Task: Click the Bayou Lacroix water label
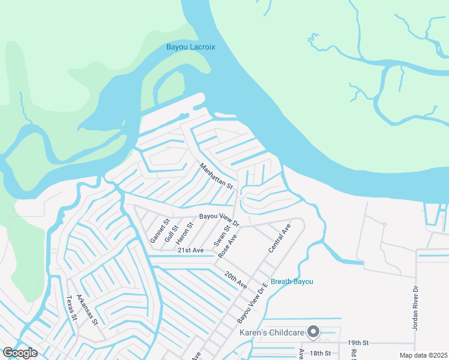click(x=190, y=47)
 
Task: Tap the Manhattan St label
click(x=216, y=176)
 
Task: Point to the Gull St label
click(x=175, y=231)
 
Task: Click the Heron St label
click(x=189, y=232)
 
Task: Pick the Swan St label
click(x=222, y=235)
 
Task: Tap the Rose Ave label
click(x=228, y=246)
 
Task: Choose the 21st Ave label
click(x=190, y=250)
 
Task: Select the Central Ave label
click(x=280, y=238)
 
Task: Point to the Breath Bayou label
click(x=292, y=281)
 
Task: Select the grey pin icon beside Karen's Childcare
click(x=313, y=331)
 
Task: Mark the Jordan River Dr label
click(x=415, y=307)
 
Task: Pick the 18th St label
click(x=320, y=353)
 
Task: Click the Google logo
click(x=20, y=353)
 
